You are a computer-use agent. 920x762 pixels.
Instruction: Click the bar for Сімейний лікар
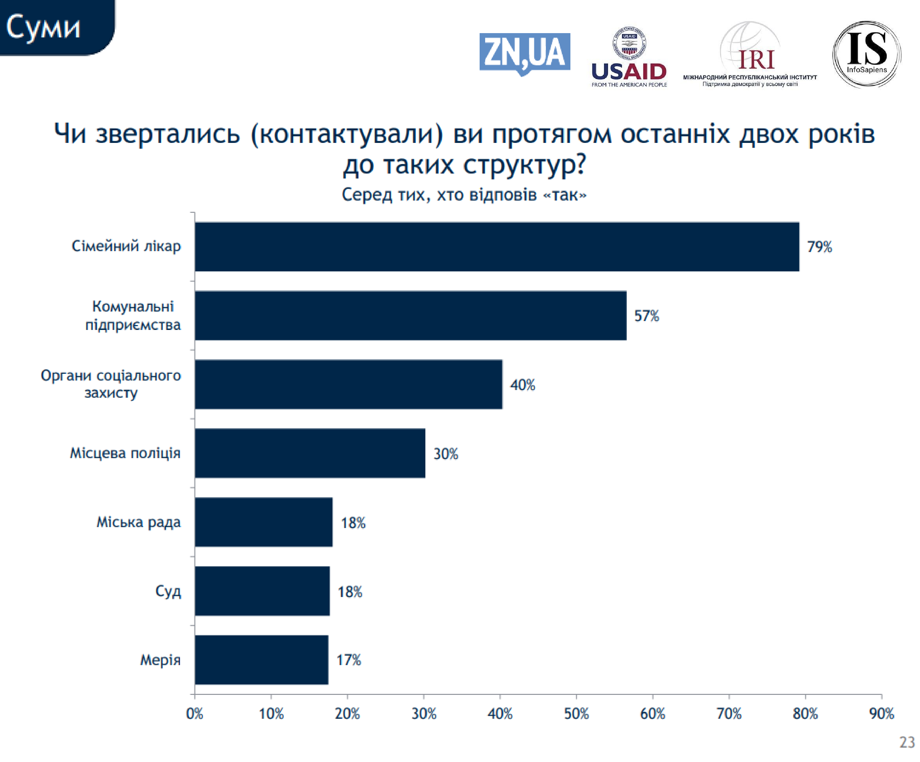click(x=497, y=247)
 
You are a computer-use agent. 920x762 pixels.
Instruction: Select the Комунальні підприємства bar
click(x=411, y=315)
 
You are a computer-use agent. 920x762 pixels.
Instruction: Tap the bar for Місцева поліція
click(x=310, y=453)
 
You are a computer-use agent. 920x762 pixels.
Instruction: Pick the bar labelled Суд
click(x=262, y=591)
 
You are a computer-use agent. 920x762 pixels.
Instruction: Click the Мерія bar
click(x=262, y=660)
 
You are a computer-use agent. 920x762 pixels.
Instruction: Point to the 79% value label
click(x=819, y=247)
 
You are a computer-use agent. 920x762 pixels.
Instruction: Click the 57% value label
click(x=647, y=316)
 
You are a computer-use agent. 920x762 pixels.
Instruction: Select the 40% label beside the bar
click(x=523, y=385)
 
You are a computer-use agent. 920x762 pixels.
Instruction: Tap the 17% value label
click(x=349, y=660)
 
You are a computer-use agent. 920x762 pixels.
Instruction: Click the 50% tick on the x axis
click(x=576, y=714)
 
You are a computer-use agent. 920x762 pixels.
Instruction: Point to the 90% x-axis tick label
click(x=881, y=714)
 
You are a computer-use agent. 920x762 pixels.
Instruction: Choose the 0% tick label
click(x=194, y=714)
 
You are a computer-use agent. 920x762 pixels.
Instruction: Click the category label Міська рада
click(x=138, y=522)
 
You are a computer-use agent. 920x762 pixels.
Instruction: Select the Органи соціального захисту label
click(x=111, y=384)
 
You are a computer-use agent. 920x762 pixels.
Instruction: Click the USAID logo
click(x=629, y=57)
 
